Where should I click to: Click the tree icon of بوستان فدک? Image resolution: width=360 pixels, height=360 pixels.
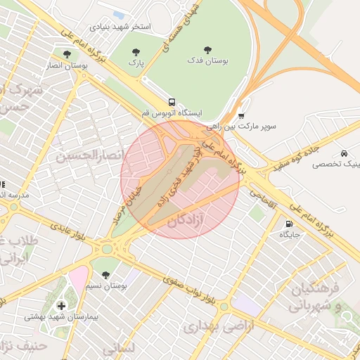(207, 50)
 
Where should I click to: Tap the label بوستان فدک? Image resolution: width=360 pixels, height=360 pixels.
(207, 61)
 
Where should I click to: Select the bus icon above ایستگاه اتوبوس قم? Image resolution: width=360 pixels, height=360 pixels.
(172, 101)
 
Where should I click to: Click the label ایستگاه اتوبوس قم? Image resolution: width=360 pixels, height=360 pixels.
(172, 112)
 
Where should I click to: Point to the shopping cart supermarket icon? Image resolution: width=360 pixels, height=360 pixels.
(242, 116)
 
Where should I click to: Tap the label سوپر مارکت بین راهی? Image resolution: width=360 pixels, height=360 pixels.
(242, 127)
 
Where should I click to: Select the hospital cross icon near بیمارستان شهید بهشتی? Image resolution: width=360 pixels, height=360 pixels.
(62, 306)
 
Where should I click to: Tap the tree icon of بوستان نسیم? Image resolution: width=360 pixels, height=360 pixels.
(105, 274)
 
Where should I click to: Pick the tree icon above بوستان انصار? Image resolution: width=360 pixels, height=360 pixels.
(67, 53)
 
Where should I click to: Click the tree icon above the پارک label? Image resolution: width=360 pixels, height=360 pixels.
(135, 51)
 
